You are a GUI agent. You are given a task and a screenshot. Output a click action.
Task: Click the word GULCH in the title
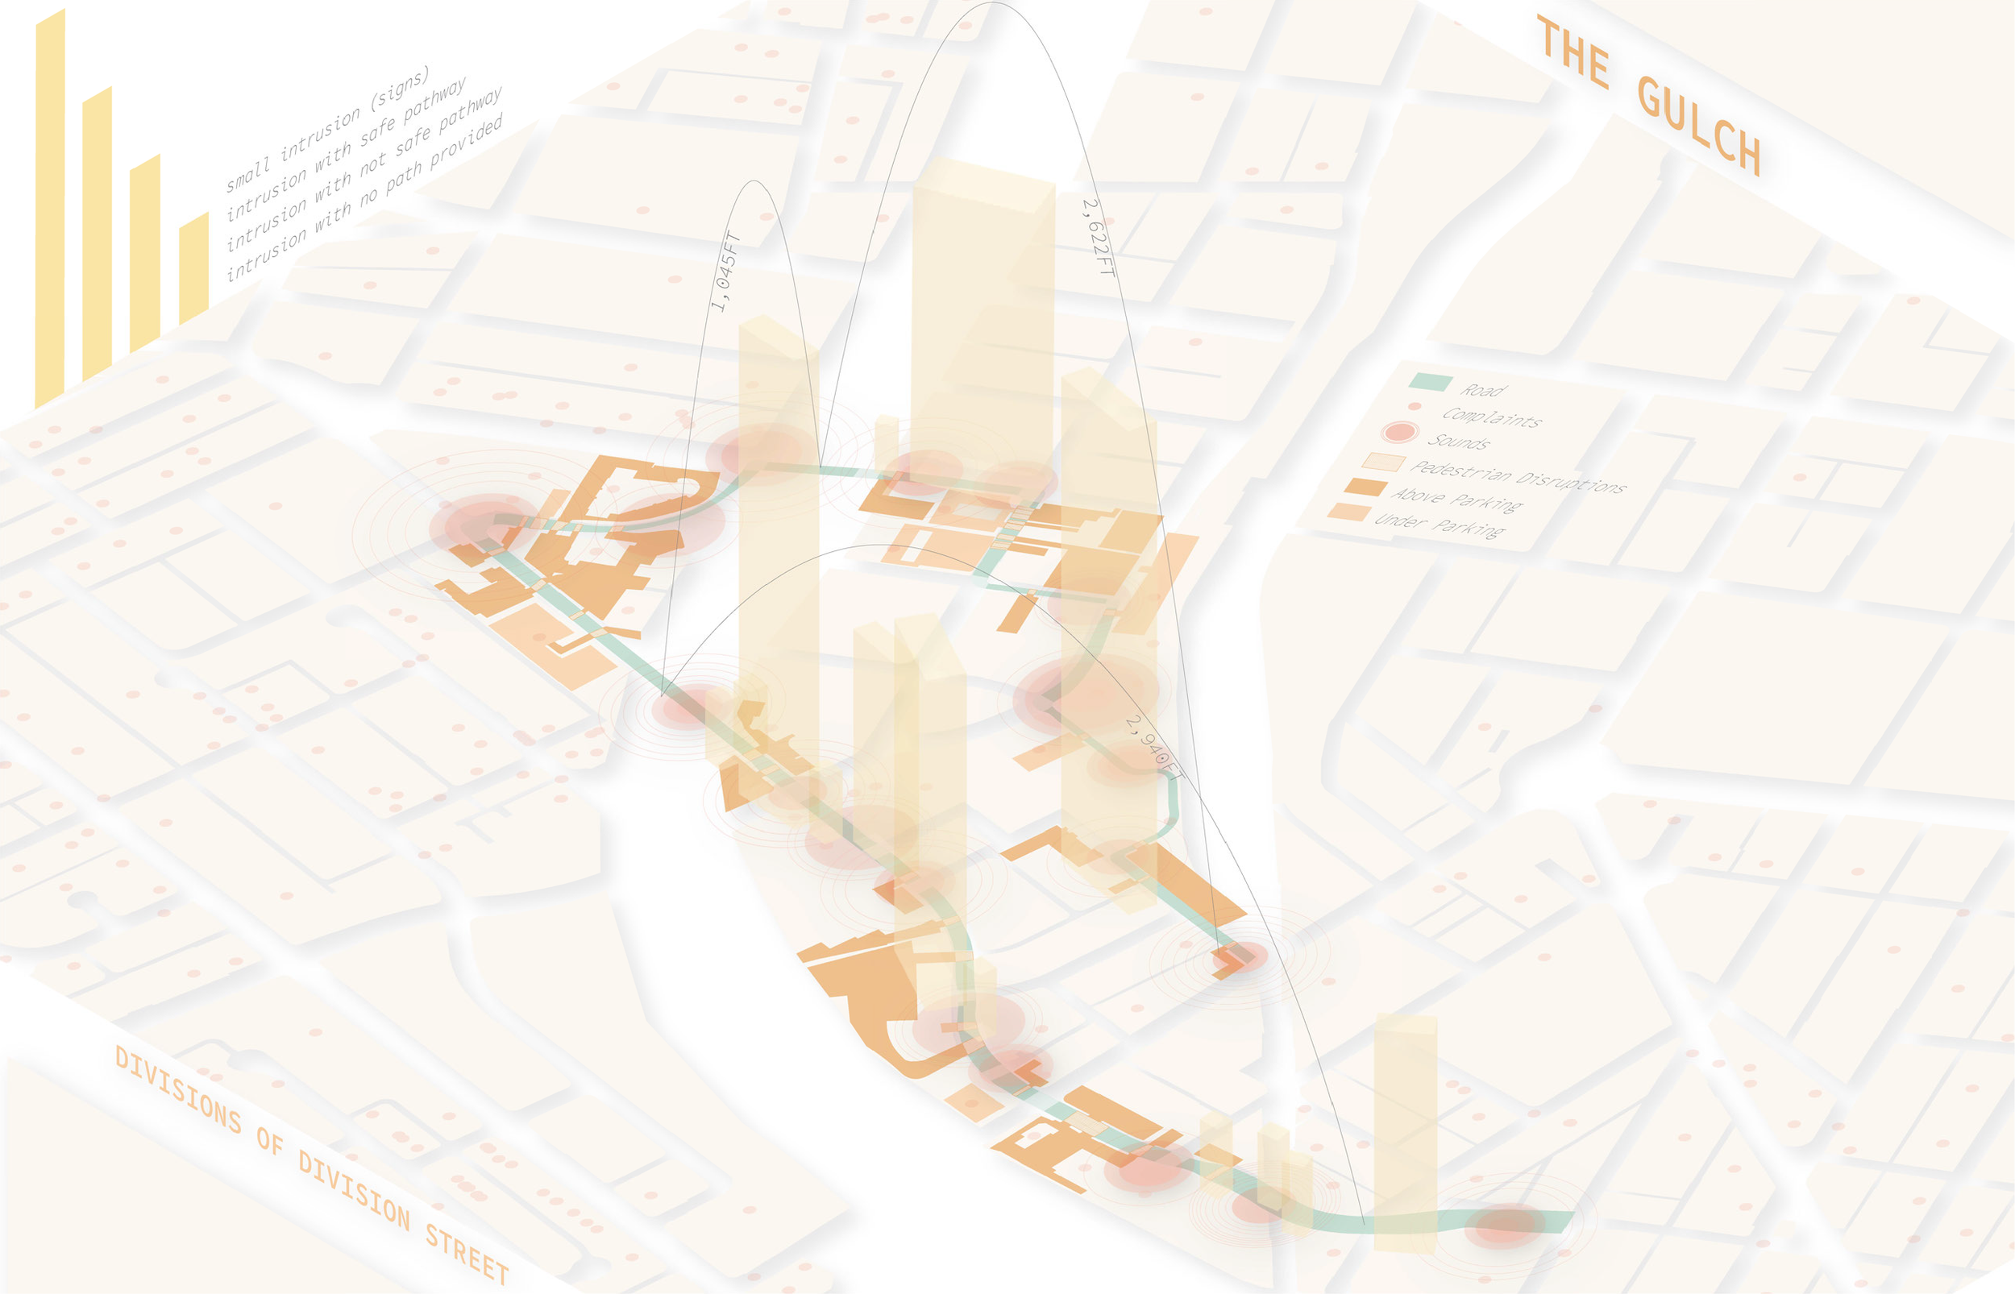click(x=1699, y=125)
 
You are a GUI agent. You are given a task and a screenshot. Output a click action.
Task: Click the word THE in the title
click(x=1573, y=52)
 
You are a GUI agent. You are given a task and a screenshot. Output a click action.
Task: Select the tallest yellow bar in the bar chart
click(x=50, y=210)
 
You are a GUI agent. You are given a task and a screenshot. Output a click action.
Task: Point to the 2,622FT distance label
click(x=1098, y=238)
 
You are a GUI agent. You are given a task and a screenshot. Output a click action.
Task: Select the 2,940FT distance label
click(x=1153, y=747)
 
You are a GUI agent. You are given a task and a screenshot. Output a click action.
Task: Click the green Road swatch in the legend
click(x=1430, y=382)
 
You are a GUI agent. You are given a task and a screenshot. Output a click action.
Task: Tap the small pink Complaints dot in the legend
click(x=1415, y=407)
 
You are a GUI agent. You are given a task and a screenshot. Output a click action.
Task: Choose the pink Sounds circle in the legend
click(x=1400, y=433)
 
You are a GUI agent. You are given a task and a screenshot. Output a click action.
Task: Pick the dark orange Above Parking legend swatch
click(x=1365, y=487)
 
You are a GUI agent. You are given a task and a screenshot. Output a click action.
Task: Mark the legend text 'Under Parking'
click(x=1440, y=525)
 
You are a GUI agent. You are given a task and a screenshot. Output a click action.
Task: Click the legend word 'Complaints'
click(x=1492, y=417)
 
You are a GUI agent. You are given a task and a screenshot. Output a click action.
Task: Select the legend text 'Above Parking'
click(x=1457, y=500)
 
